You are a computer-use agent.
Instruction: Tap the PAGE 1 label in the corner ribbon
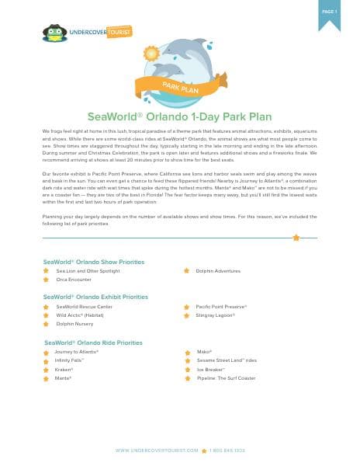[x=329, y=12]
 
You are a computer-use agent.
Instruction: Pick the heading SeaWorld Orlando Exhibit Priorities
[x=95, y=297]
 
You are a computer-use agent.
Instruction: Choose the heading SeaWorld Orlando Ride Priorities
[x=93, y=342]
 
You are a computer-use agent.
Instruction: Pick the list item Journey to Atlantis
[x=77, y=352]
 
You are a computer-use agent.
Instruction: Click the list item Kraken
[x=64, y=369]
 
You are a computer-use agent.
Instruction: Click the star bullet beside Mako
[x=188, y=353]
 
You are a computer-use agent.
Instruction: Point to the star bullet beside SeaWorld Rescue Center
[x=47, y=307]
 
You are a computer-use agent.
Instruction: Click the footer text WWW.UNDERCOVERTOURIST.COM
[x=157, y=450]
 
